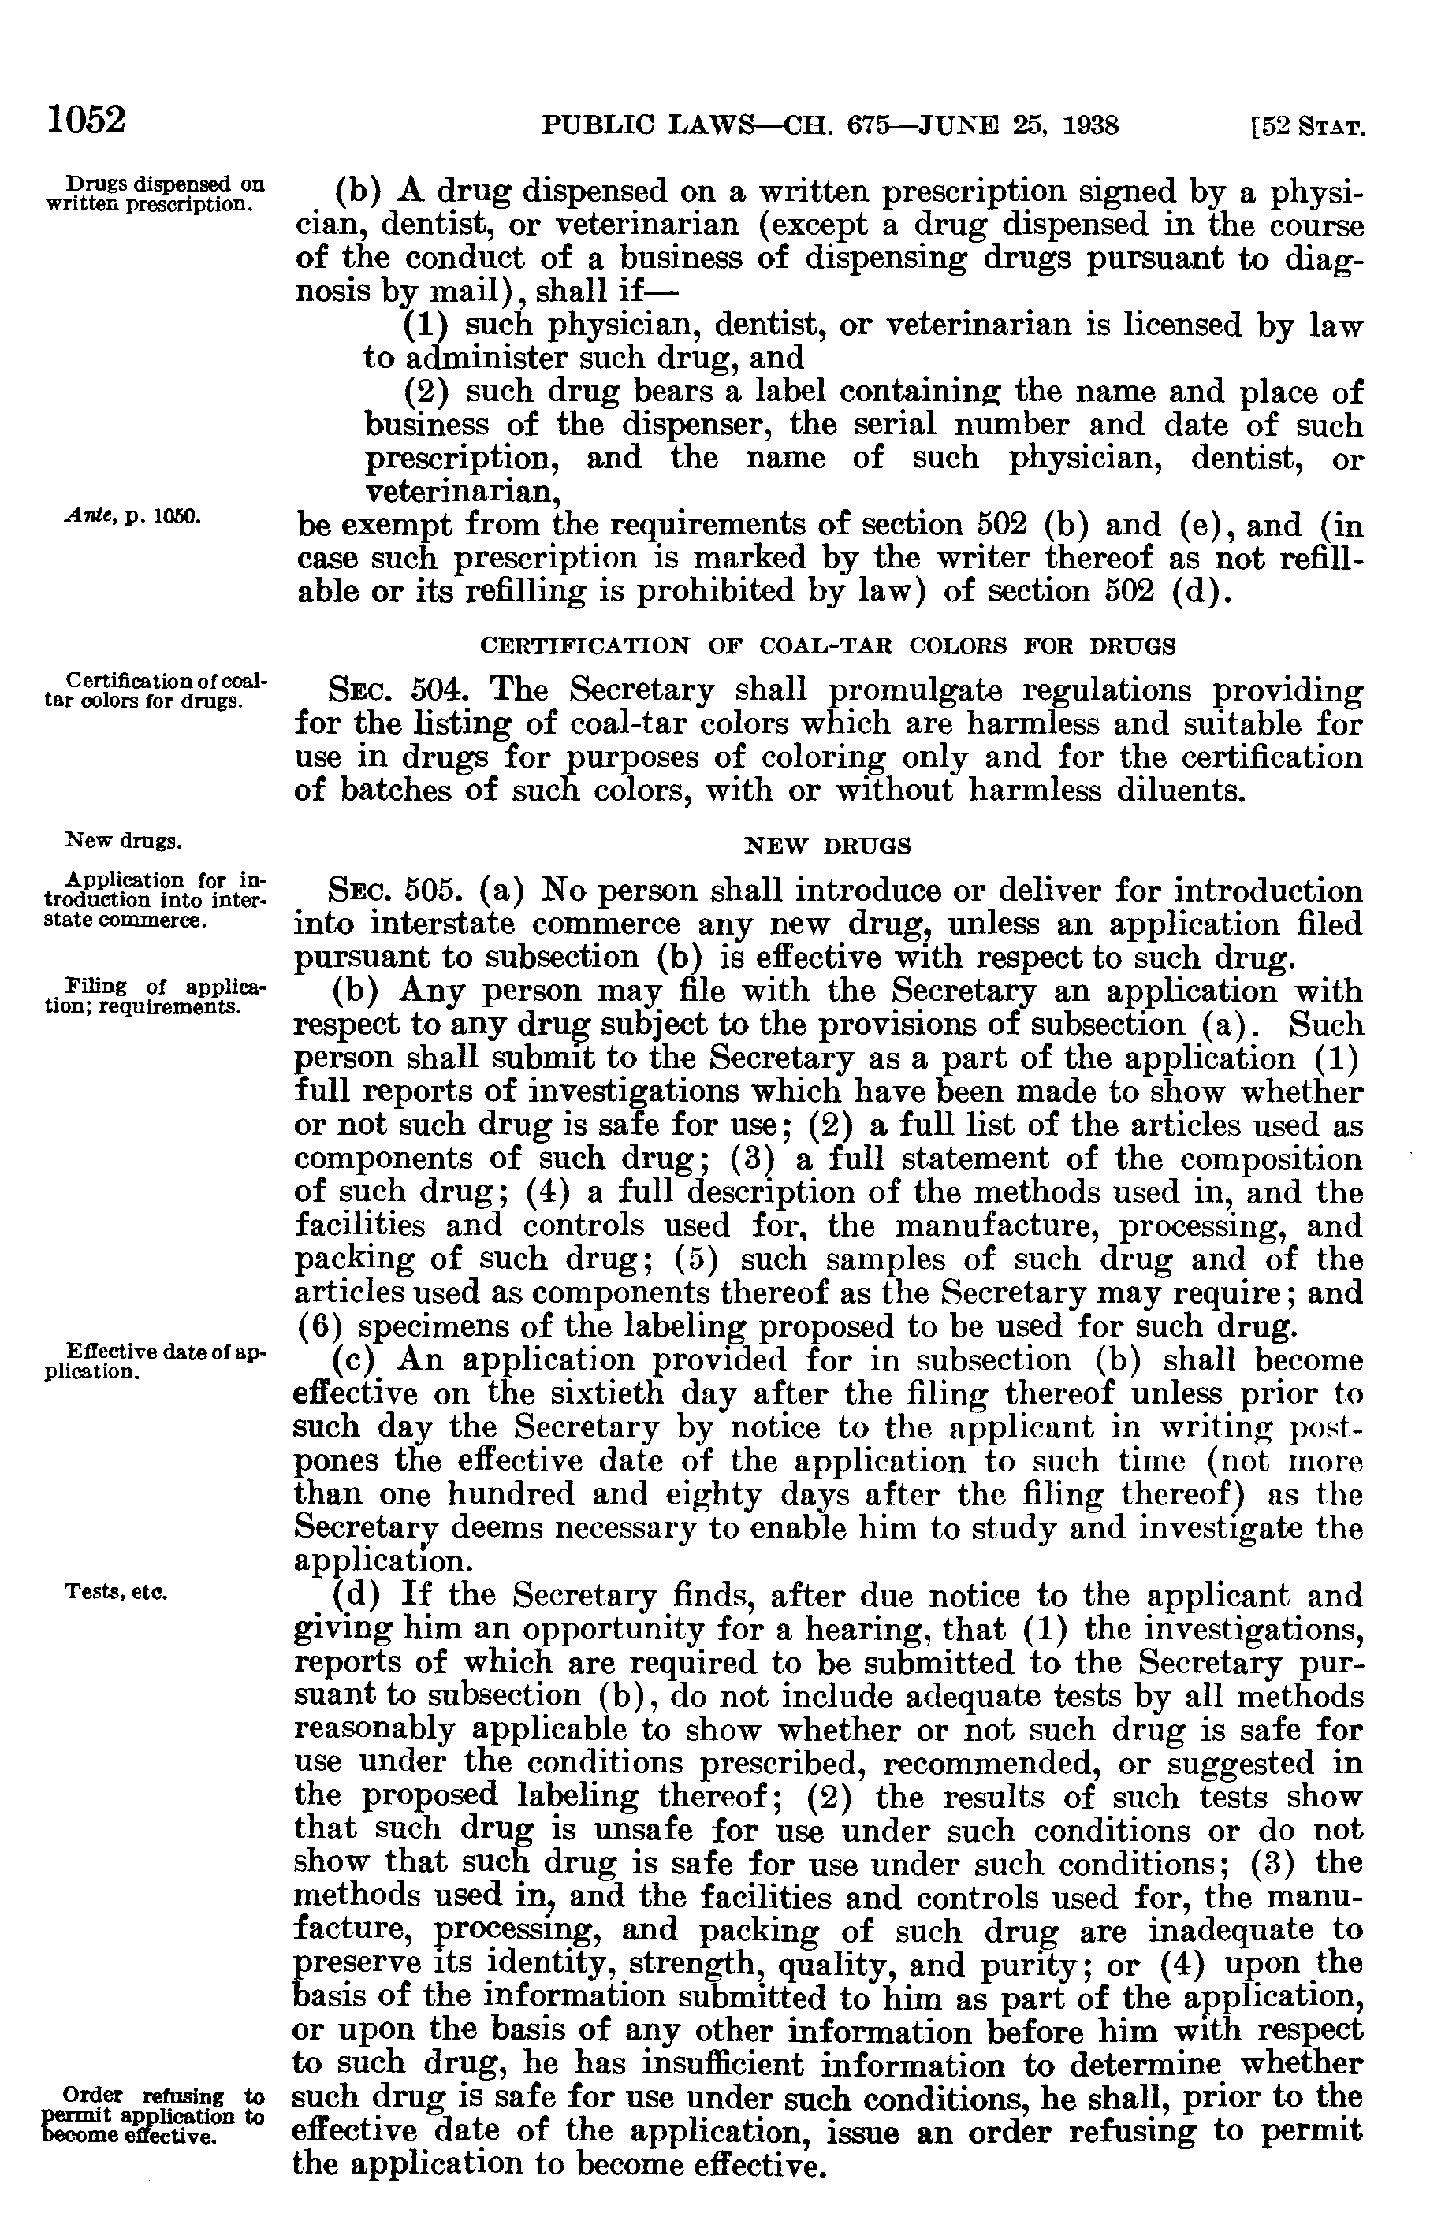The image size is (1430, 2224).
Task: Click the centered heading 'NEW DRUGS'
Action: click(829, 846)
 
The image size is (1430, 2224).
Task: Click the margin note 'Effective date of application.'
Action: click(153, 1362)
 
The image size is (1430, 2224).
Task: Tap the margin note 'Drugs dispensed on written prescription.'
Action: click(153, 192)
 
